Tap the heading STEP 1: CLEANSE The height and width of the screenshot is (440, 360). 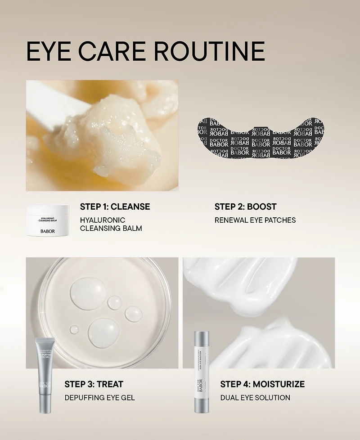point(115,207)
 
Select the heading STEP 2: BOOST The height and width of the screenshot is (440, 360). point(245,207)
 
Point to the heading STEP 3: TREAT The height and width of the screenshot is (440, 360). point(94,384)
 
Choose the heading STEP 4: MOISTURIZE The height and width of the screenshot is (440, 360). point(262,384)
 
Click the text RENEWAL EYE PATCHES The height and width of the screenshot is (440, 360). point(255,220)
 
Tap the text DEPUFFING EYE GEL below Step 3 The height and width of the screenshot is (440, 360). point(99,398)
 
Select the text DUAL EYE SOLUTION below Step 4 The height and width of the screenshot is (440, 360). point(255,398)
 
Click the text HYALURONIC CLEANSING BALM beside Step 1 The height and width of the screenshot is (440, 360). point(111,224)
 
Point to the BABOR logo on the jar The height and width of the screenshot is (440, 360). point(47,231)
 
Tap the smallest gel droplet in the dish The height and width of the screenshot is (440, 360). point(74,330)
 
